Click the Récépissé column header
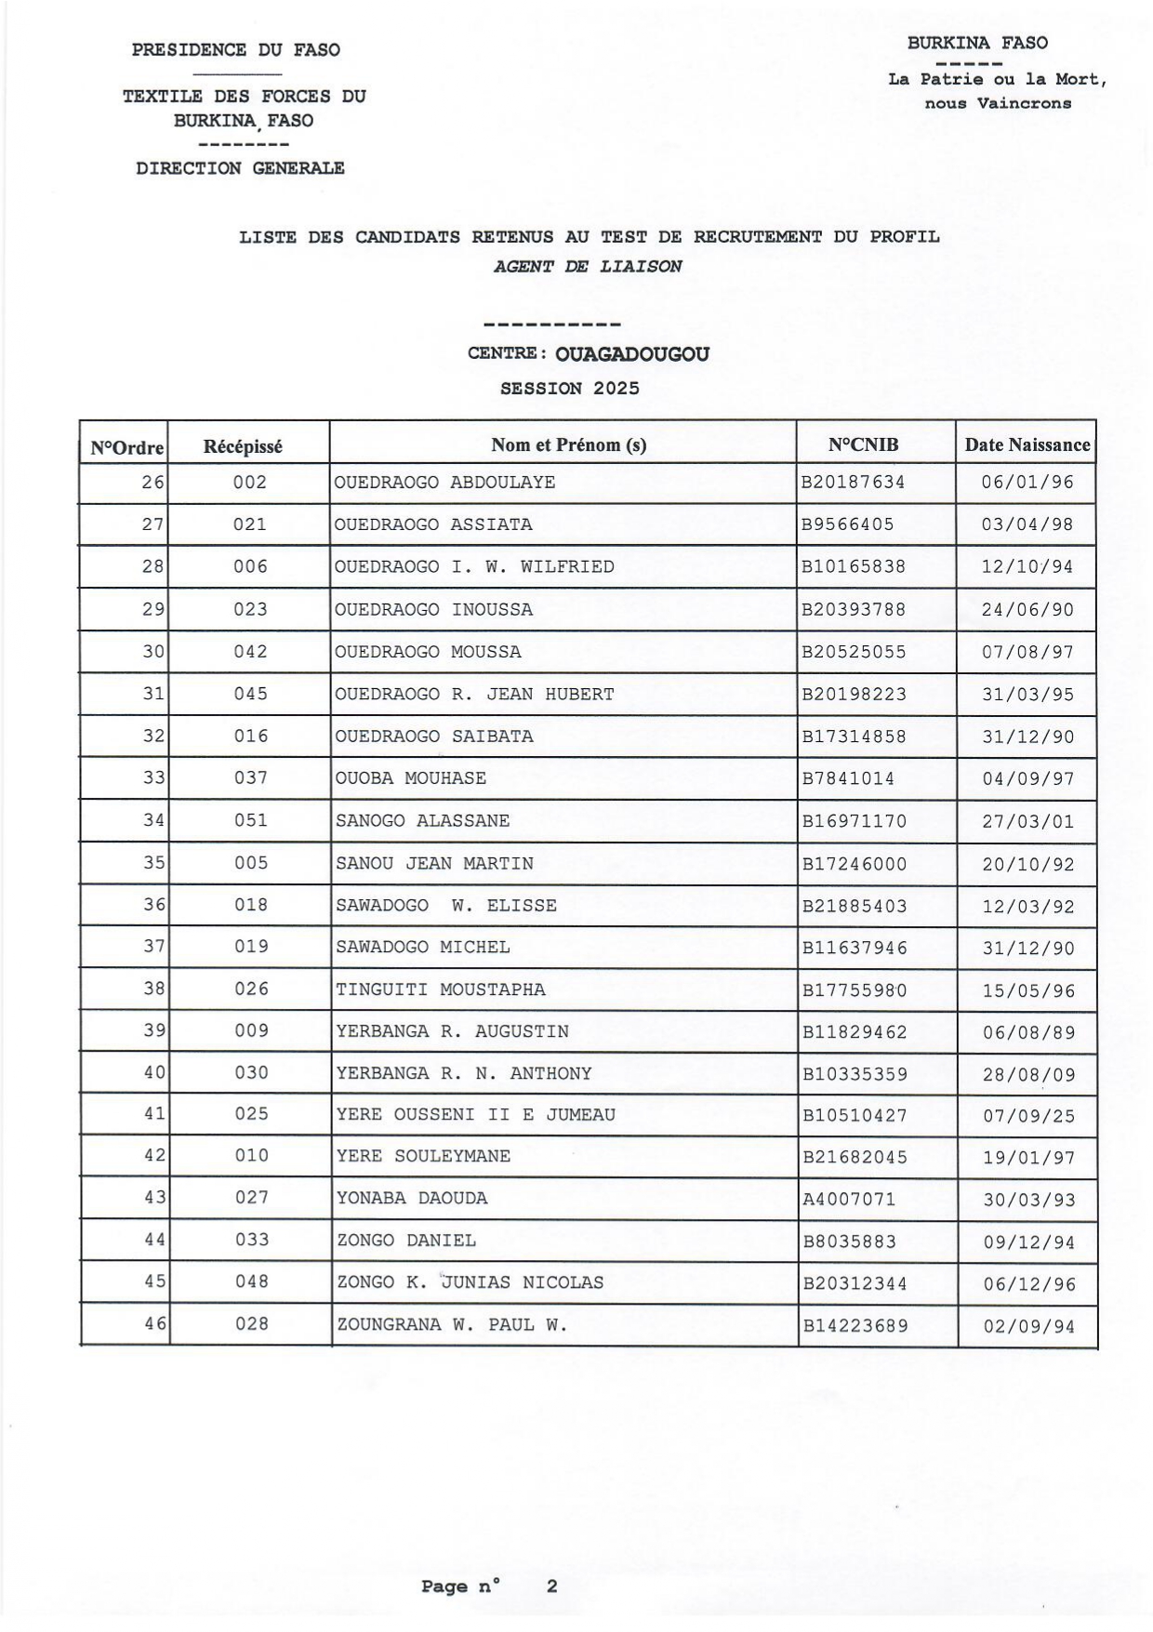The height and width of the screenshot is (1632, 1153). (243, 446)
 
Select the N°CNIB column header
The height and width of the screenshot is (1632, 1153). (863, 444)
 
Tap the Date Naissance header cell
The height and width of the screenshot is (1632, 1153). (1027, 444)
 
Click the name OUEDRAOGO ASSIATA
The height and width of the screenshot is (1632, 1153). (433, 524)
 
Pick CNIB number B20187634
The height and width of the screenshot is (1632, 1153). (853, 483)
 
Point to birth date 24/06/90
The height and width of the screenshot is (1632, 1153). (1027, 610)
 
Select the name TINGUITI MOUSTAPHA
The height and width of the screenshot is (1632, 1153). (441, 989)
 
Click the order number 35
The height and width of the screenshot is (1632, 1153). (153, 863)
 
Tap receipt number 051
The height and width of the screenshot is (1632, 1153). (250, 820)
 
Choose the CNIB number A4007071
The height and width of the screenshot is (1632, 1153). (849, 1199)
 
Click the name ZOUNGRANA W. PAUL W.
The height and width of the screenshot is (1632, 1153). (451, 1325)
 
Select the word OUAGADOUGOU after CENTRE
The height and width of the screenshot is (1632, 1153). (632, 354)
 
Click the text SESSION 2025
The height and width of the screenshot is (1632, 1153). (569, 389)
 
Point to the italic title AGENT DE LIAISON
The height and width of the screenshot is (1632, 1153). (588, 266)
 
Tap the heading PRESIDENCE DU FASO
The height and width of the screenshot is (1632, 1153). (235, 50)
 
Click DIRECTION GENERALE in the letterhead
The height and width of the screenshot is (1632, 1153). (240, 168)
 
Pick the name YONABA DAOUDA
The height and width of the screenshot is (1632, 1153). (412, 1199)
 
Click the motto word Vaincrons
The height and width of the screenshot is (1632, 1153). (1024, 103)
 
